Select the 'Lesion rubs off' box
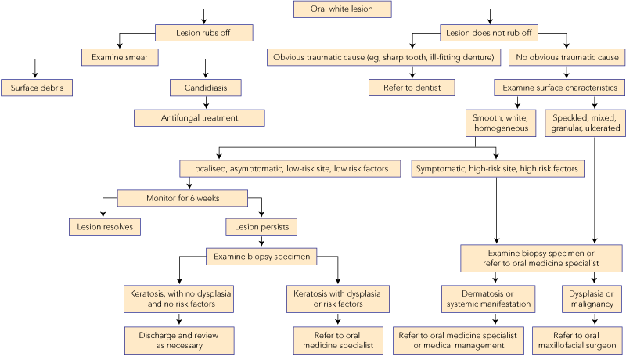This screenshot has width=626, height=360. (x=205, y=33)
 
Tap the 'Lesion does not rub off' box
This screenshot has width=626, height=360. (x=489, y=33)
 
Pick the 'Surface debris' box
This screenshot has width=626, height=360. (x=37, y=87)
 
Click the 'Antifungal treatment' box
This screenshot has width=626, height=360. (x=199, y=118)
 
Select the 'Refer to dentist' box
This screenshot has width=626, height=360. (x=401, y=87)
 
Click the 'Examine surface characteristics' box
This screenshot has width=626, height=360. (x=558, y=87)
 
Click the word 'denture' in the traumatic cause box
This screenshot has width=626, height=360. (x=473, y=56)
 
